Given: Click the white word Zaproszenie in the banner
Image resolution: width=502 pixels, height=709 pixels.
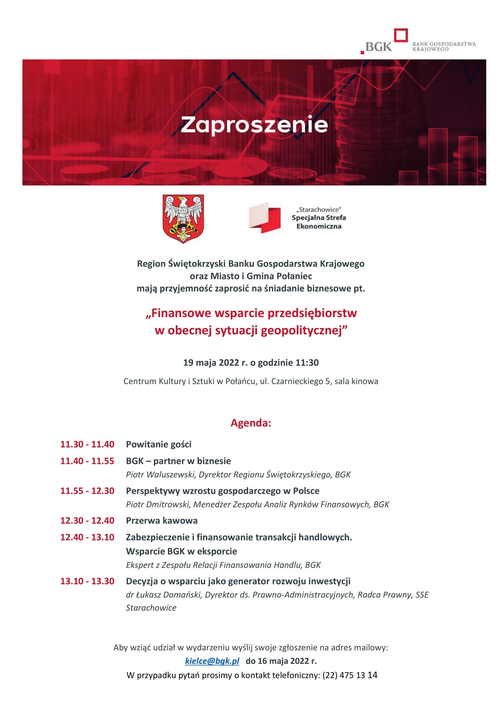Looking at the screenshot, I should (254, 125).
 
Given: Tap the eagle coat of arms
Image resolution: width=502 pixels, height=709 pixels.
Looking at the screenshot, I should (183, 219).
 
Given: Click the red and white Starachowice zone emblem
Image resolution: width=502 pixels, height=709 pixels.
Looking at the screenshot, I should (265, 218).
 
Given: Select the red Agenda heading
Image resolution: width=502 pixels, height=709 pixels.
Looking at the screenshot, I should (251, 423).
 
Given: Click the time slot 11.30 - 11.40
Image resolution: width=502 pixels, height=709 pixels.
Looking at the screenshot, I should (87, 444).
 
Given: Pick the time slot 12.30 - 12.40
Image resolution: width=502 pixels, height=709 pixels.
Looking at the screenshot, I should (87, 520).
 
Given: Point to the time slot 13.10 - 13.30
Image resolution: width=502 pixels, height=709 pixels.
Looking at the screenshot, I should (87, 581).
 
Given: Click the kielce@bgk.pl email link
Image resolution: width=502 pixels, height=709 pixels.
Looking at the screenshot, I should (212, 661).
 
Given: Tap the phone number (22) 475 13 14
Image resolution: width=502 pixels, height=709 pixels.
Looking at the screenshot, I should (350, 675).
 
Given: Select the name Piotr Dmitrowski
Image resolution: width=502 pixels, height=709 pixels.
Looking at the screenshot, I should (158, 504).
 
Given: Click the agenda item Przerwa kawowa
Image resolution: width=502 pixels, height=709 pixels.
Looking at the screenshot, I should (162, 520).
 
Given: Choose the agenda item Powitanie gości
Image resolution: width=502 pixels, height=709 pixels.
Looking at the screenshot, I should (158, 444).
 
